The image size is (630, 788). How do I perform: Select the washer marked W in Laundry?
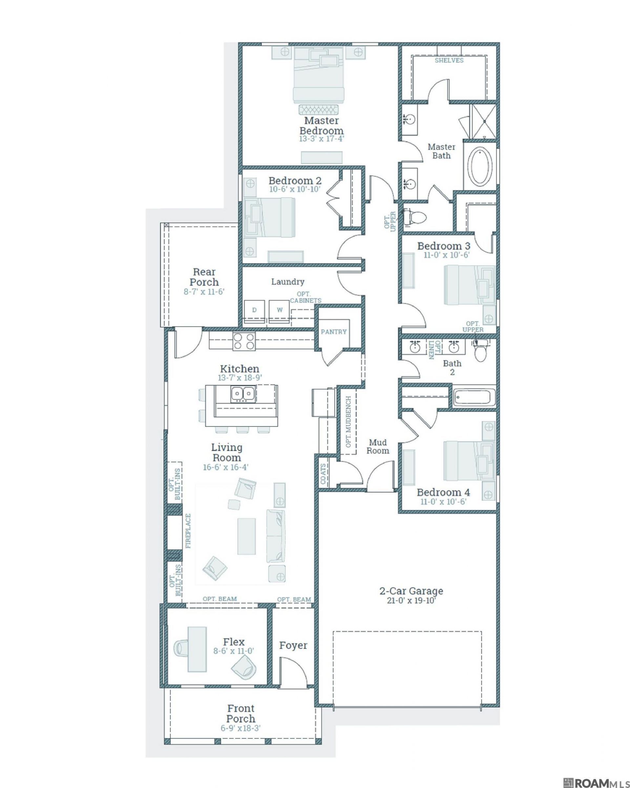279,311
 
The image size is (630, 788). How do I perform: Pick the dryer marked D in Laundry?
254,311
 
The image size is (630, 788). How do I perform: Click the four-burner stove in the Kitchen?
244,341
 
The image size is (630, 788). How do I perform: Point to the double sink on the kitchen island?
242,394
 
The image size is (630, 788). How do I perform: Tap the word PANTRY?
333,332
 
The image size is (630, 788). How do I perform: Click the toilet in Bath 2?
479,351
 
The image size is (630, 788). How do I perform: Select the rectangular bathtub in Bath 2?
474,398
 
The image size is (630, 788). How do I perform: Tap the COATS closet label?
323,474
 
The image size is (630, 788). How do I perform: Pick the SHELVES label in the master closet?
449,60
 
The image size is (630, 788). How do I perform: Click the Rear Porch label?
204,277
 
